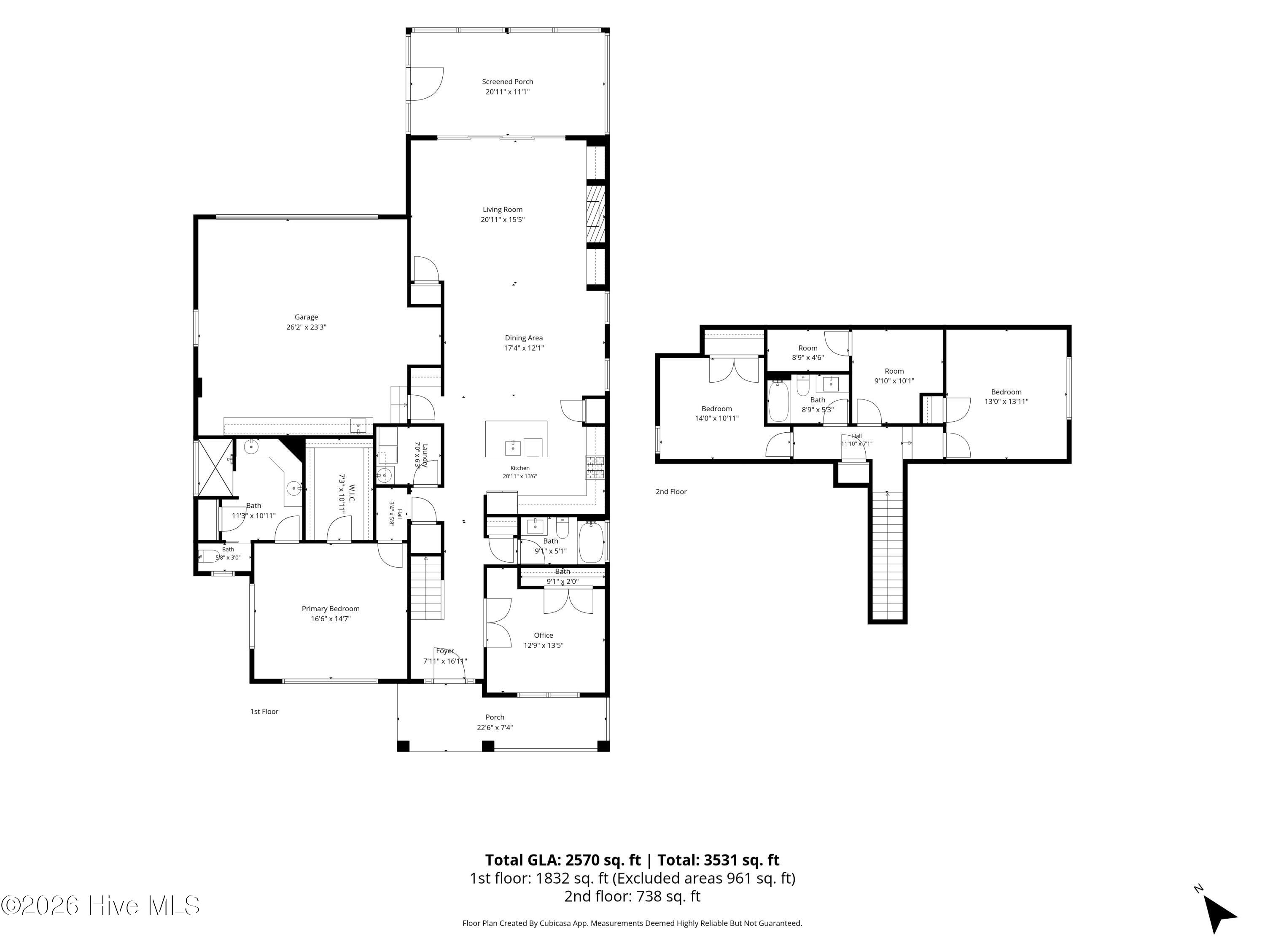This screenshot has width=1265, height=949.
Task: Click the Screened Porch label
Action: point(507,82)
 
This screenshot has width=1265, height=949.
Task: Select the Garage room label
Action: point(306,317)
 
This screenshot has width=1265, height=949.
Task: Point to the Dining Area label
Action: point(523,338)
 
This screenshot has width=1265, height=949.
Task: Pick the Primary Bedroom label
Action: point(331,609)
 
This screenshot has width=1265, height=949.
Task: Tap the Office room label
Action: point(543,635)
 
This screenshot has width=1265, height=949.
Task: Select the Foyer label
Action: point(445,651)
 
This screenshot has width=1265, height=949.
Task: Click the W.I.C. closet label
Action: point(352,495)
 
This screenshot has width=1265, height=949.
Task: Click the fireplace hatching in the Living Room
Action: point(595,214)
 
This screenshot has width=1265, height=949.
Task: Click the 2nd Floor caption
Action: point(671,491)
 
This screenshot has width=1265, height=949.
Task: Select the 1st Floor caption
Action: point(264,712)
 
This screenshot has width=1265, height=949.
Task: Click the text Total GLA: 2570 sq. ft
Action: point(563,860)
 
